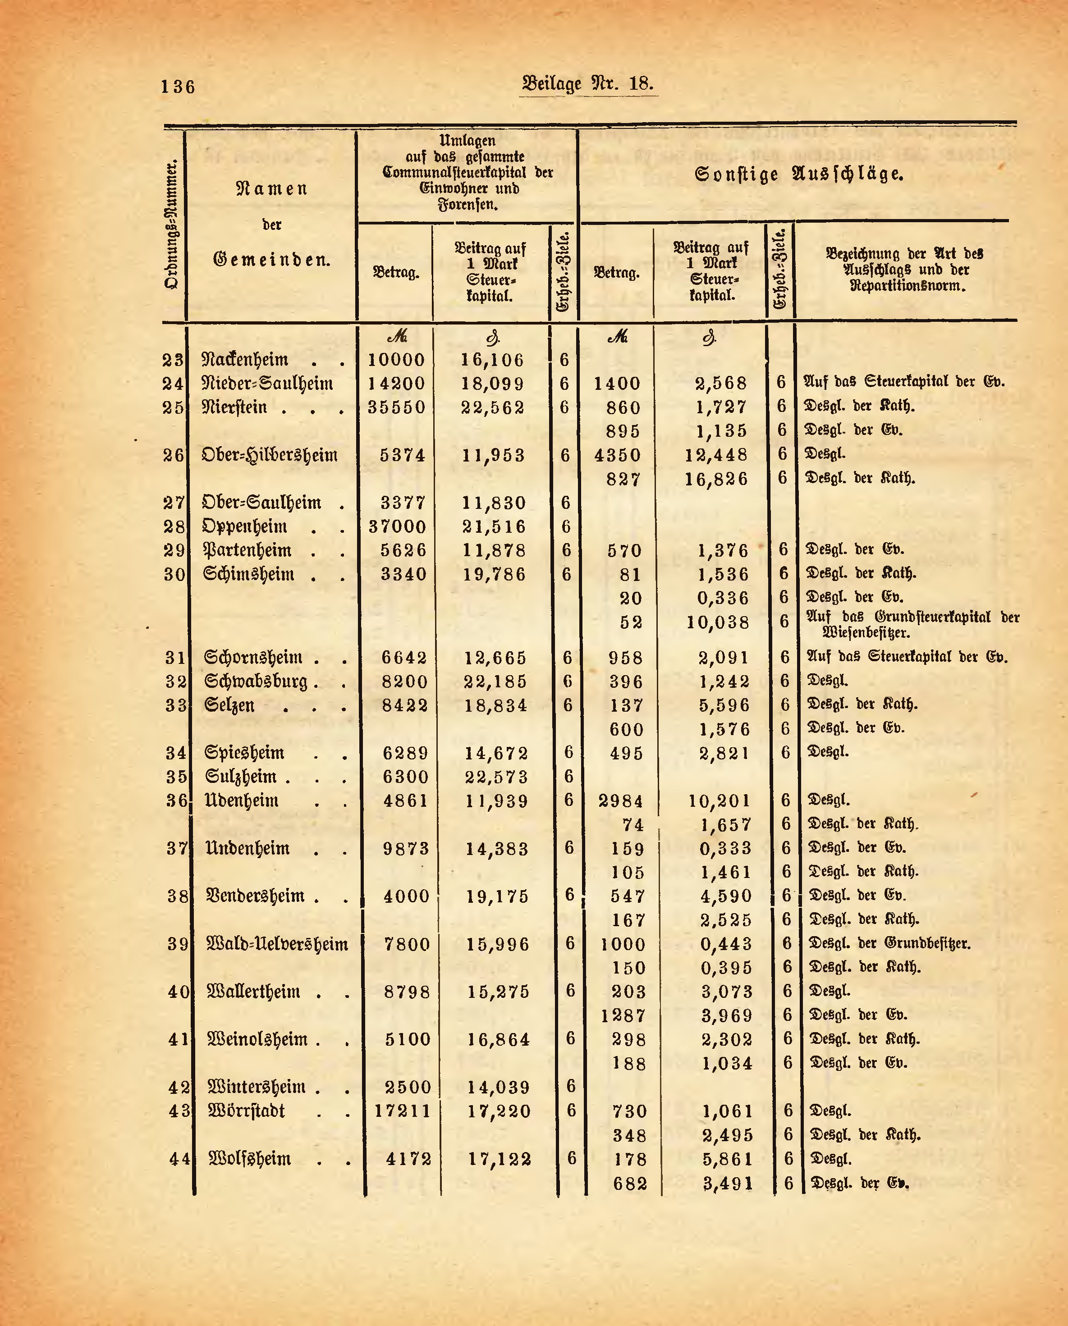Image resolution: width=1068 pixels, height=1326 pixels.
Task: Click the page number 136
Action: [178, 87]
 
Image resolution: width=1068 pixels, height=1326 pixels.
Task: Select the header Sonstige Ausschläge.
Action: [798, 175]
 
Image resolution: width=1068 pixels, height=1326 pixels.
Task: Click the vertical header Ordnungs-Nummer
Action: [173, 224]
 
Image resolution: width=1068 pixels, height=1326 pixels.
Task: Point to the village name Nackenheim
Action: [245, 360]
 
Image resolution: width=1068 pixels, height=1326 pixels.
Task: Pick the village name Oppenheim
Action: [244, 527]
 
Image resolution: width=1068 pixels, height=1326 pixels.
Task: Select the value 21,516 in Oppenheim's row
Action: [494, 527]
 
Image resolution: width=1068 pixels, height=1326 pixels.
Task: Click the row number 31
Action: [175, 658]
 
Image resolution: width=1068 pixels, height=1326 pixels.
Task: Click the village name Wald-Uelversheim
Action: [277, 944]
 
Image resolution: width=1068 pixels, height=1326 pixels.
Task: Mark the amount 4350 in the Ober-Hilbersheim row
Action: [618, 456]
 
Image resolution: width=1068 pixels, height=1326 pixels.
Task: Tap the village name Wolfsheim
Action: [250, 1159]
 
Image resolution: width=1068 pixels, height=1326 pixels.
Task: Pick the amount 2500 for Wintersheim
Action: [408, 1088]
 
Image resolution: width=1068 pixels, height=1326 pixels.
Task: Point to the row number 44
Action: [179, 1159]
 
